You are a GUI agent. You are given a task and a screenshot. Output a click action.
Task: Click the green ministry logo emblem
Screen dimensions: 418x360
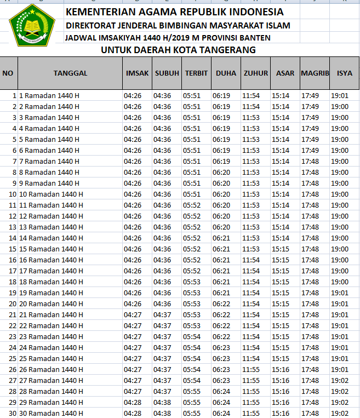coord(32,25)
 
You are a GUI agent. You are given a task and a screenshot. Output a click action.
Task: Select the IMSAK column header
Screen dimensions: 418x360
coord(137,73)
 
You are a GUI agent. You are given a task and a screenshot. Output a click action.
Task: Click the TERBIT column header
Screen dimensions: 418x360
coord(196,73)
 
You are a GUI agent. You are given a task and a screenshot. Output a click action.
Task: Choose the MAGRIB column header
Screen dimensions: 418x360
coord(315,73)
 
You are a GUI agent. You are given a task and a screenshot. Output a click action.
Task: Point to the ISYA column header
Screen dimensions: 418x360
coord(345,73)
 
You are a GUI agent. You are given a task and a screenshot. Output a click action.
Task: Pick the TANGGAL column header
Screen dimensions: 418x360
coord(70,73)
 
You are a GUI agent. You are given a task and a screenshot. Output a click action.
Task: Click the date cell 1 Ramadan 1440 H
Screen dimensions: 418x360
coord(49,95)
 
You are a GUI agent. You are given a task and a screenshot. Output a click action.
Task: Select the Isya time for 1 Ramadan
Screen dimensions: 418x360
coord(340,95)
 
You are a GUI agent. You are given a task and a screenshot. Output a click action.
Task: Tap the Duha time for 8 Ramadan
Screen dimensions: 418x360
coord(221,172)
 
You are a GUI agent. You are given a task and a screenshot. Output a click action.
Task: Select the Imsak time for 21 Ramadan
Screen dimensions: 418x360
coord(133,314)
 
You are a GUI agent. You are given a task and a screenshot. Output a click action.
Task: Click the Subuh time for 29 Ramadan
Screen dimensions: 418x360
coord(162,402)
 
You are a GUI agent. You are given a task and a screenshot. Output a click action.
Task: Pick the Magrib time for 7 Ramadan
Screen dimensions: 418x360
coord(310,161)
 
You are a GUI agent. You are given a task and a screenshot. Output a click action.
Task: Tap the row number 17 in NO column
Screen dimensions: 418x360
coord(12,271)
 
